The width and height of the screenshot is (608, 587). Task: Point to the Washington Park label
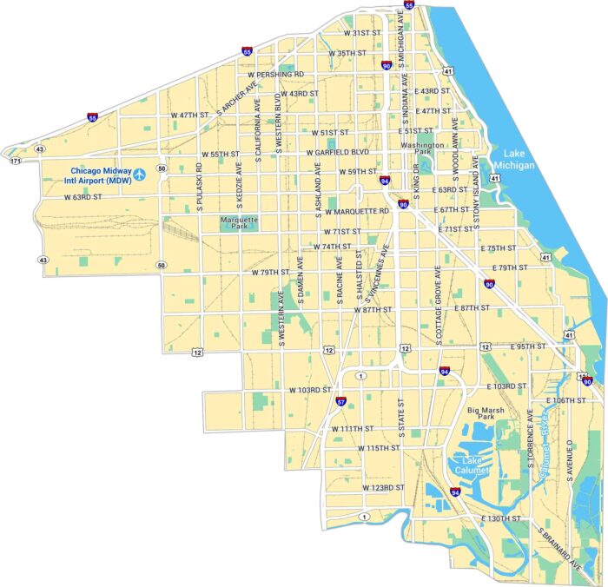[x=422, y=147]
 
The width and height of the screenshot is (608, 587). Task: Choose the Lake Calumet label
[x=472, y=465]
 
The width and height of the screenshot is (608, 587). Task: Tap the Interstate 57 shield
[x=341, y=402]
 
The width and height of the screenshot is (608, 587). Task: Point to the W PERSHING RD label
[x=275, y=75]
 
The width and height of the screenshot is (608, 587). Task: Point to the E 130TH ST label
[x=503, y=519]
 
